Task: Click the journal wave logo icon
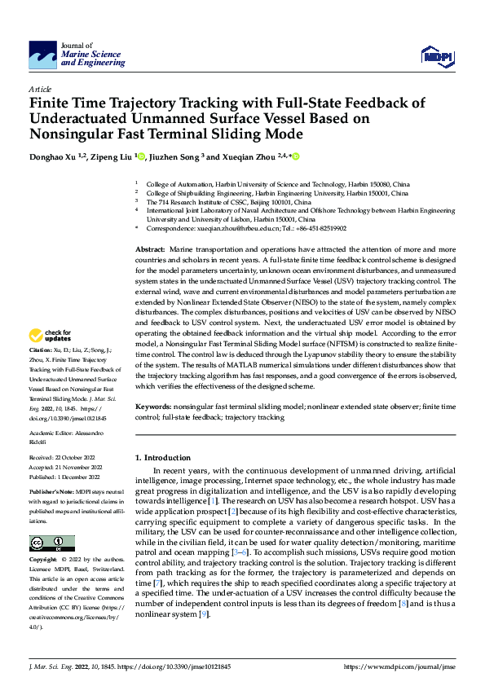[42, 55]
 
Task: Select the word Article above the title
[40, 89]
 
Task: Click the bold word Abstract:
[150, 248]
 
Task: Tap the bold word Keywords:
[153, 405]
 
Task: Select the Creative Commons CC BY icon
[51, 543]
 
